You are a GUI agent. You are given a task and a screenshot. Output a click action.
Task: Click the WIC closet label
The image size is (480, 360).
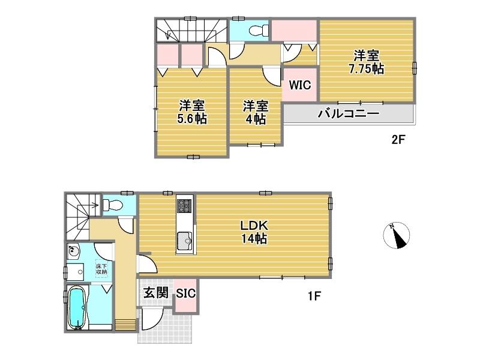(x=299, y=85)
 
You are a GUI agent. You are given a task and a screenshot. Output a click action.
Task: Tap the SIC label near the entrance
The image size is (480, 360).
(x=185, y=293)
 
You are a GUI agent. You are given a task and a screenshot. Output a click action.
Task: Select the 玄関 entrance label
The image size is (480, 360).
(x=156, y=293)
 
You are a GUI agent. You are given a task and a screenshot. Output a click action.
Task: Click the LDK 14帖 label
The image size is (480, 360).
(x=254, y=232)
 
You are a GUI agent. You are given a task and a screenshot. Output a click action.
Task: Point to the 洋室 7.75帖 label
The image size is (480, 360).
(x=367, y=62)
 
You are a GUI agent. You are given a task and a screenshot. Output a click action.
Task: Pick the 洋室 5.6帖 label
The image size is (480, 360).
(x=192, y=112)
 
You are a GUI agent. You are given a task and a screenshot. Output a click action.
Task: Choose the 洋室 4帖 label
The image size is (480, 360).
(x=256, y=112)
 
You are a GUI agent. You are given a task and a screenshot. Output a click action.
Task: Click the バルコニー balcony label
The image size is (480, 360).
(x=349, y=113)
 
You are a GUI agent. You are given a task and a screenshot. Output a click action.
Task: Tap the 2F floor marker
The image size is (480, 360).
(x=398, y=140)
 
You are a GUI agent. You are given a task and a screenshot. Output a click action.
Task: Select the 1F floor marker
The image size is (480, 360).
(x=314, y=296)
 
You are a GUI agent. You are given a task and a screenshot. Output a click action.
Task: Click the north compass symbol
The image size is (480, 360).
(x=397, y=235)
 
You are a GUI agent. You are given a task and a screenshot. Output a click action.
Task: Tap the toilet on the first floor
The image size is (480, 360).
(x=112, y=205)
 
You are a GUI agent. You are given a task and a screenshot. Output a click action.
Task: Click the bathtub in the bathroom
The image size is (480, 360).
(x=77, y=308)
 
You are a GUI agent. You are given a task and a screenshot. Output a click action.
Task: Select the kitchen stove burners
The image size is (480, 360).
(x=185, y=205)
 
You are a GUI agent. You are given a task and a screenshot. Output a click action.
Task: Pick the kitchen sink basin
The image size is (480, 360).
(x=185, y=241)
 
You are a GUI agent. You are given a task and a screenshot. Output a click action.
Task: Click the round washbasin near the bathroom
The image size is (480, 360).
(x=73, y=252)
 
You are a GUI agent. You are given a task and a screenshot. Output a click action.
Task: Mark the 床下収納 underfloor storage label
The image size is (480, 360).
(x=101, y=269)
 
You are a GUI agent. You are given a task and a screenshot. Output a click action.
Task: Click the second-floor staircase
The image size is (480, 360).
(x=191, y=31)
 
